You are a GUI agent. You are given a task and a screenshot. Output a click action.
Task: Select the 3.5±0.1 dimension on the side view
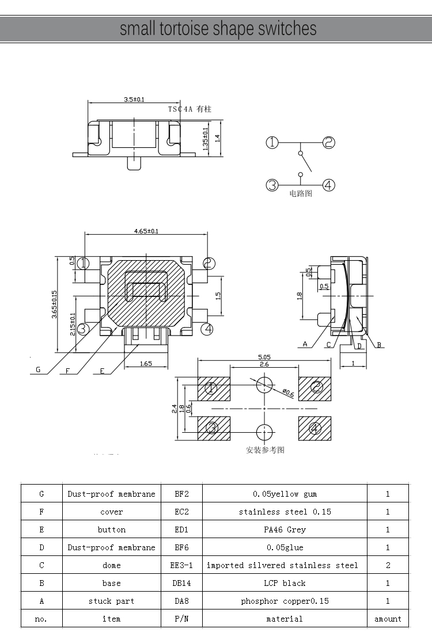pos(134,99)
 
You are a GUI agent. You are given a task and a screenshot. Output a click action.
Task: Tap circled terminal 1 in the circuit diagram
pos(272,143)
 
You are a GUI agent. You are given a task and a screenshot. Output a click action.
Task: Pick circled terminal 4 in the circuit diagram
pos(328,185)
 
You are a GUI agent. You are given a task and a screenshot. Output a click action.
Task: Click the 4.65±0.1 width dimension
pos(146,231)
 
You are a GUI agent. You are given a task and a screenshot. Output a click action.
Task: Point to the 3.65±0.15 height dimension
pos(54,305)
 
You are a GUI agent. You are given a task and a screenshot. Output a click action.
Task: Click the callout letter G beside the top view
pos(38,370)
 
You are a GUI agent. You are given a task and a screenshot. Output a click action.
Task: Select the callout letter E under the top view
pos(102,371)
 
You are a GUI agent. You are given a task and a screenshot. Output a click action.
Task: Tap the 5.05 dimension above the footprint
pos(264,357)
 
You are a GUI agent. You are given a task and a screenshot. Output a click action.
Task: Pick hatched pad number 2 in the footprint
pos(316,387)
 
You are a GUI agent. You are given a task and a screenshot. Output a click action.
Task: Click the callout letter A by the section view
pos(305,345)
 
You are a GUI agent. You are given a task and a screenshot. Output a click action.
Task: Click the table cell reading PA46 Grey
pos(285,529)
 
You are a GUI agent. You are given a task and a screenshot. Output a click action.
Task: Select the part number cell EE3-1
pos(181,565)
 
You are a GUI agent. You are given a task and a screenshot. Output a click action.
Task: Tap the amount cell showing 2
pos(388,565)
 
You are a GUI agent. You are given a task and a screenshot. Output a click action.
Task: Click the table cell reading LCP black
pos(285,583)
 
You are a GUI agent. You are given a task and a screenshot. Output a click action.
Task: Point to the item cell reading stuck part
pos(111,601)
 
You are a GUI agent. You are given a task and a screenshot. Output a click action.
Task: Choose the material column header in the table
pos(285,619)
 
